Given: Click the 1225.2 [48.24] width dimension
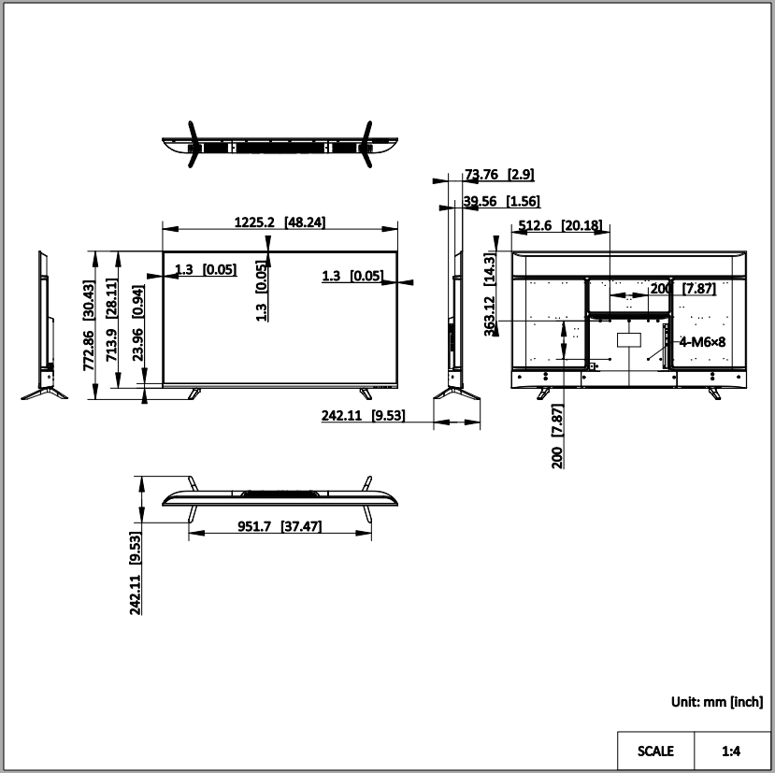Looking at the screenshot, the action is [x=280, y=222].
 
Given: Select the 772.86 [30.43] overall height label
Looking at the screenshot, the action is [x=89, y=325].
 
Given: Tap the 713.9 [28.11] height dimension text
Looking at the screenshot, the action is [x=111, y=320].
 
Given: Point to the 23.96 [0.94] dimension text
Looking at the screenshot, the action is [x=138, y=322].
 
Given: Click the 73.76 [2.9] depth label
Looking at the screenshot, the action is [x=499, y=175].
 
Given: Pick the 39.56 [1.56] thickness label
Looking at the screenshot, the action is [x=501, y=201].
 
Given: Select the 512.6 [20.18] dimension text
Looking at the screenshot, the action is [x=560, y=225].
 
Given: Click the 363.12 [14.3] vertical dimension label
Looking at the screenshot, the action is [x=489, y=294].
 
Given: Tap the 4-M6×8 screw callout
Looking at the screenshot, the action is [x=702, y=342].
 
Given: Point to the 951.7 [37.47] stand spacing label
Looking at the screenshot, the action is [x=280, y=526].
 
